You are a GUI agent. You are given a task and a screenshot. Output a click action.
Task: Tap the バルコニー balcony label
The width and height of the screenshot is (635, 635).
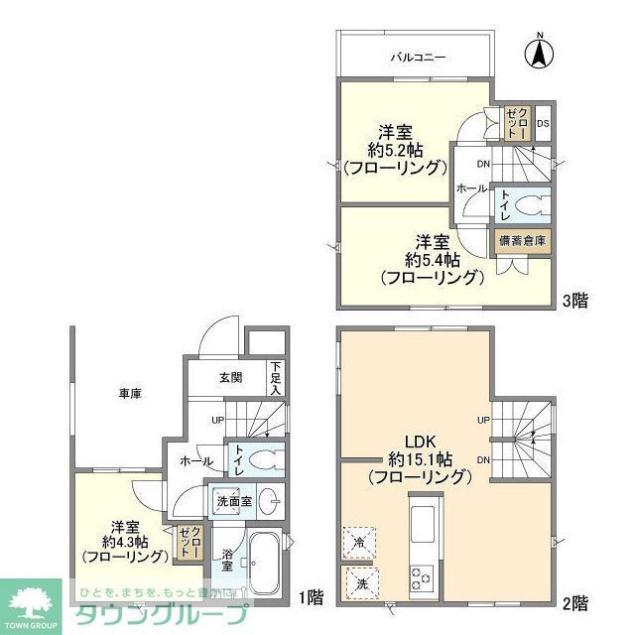point(417,59)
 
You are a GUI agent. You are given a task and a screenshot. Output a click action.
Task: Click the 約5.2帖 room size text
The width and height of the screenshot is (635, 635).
point(395,151)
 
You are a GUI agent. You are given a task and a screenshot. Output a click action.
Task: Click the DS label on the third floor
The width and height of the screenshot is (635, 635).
point(543,124)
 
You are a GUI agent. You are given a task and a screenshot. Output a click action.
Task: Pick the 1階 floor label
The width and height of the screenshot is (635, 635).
point(310,597)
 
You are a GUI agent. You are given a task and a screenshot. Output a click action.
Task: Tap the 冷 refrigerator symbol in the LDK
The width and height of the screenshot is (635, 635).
point(358,542)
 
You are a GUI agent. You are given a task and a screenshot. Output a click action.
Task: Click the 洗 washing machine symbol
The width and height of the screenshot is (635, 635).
point(358,582)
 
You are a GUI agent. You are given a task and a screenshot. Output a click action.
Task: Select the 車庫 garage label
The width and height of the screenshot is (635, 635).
point(130,394)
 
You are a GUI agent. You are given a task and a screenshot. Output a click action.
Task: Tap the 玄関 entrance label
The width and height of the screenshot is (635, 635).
point(230,378)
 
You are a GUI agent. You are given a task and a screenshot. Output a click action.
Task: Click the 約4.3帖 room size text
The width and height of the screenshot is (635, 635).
point(123,543)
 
